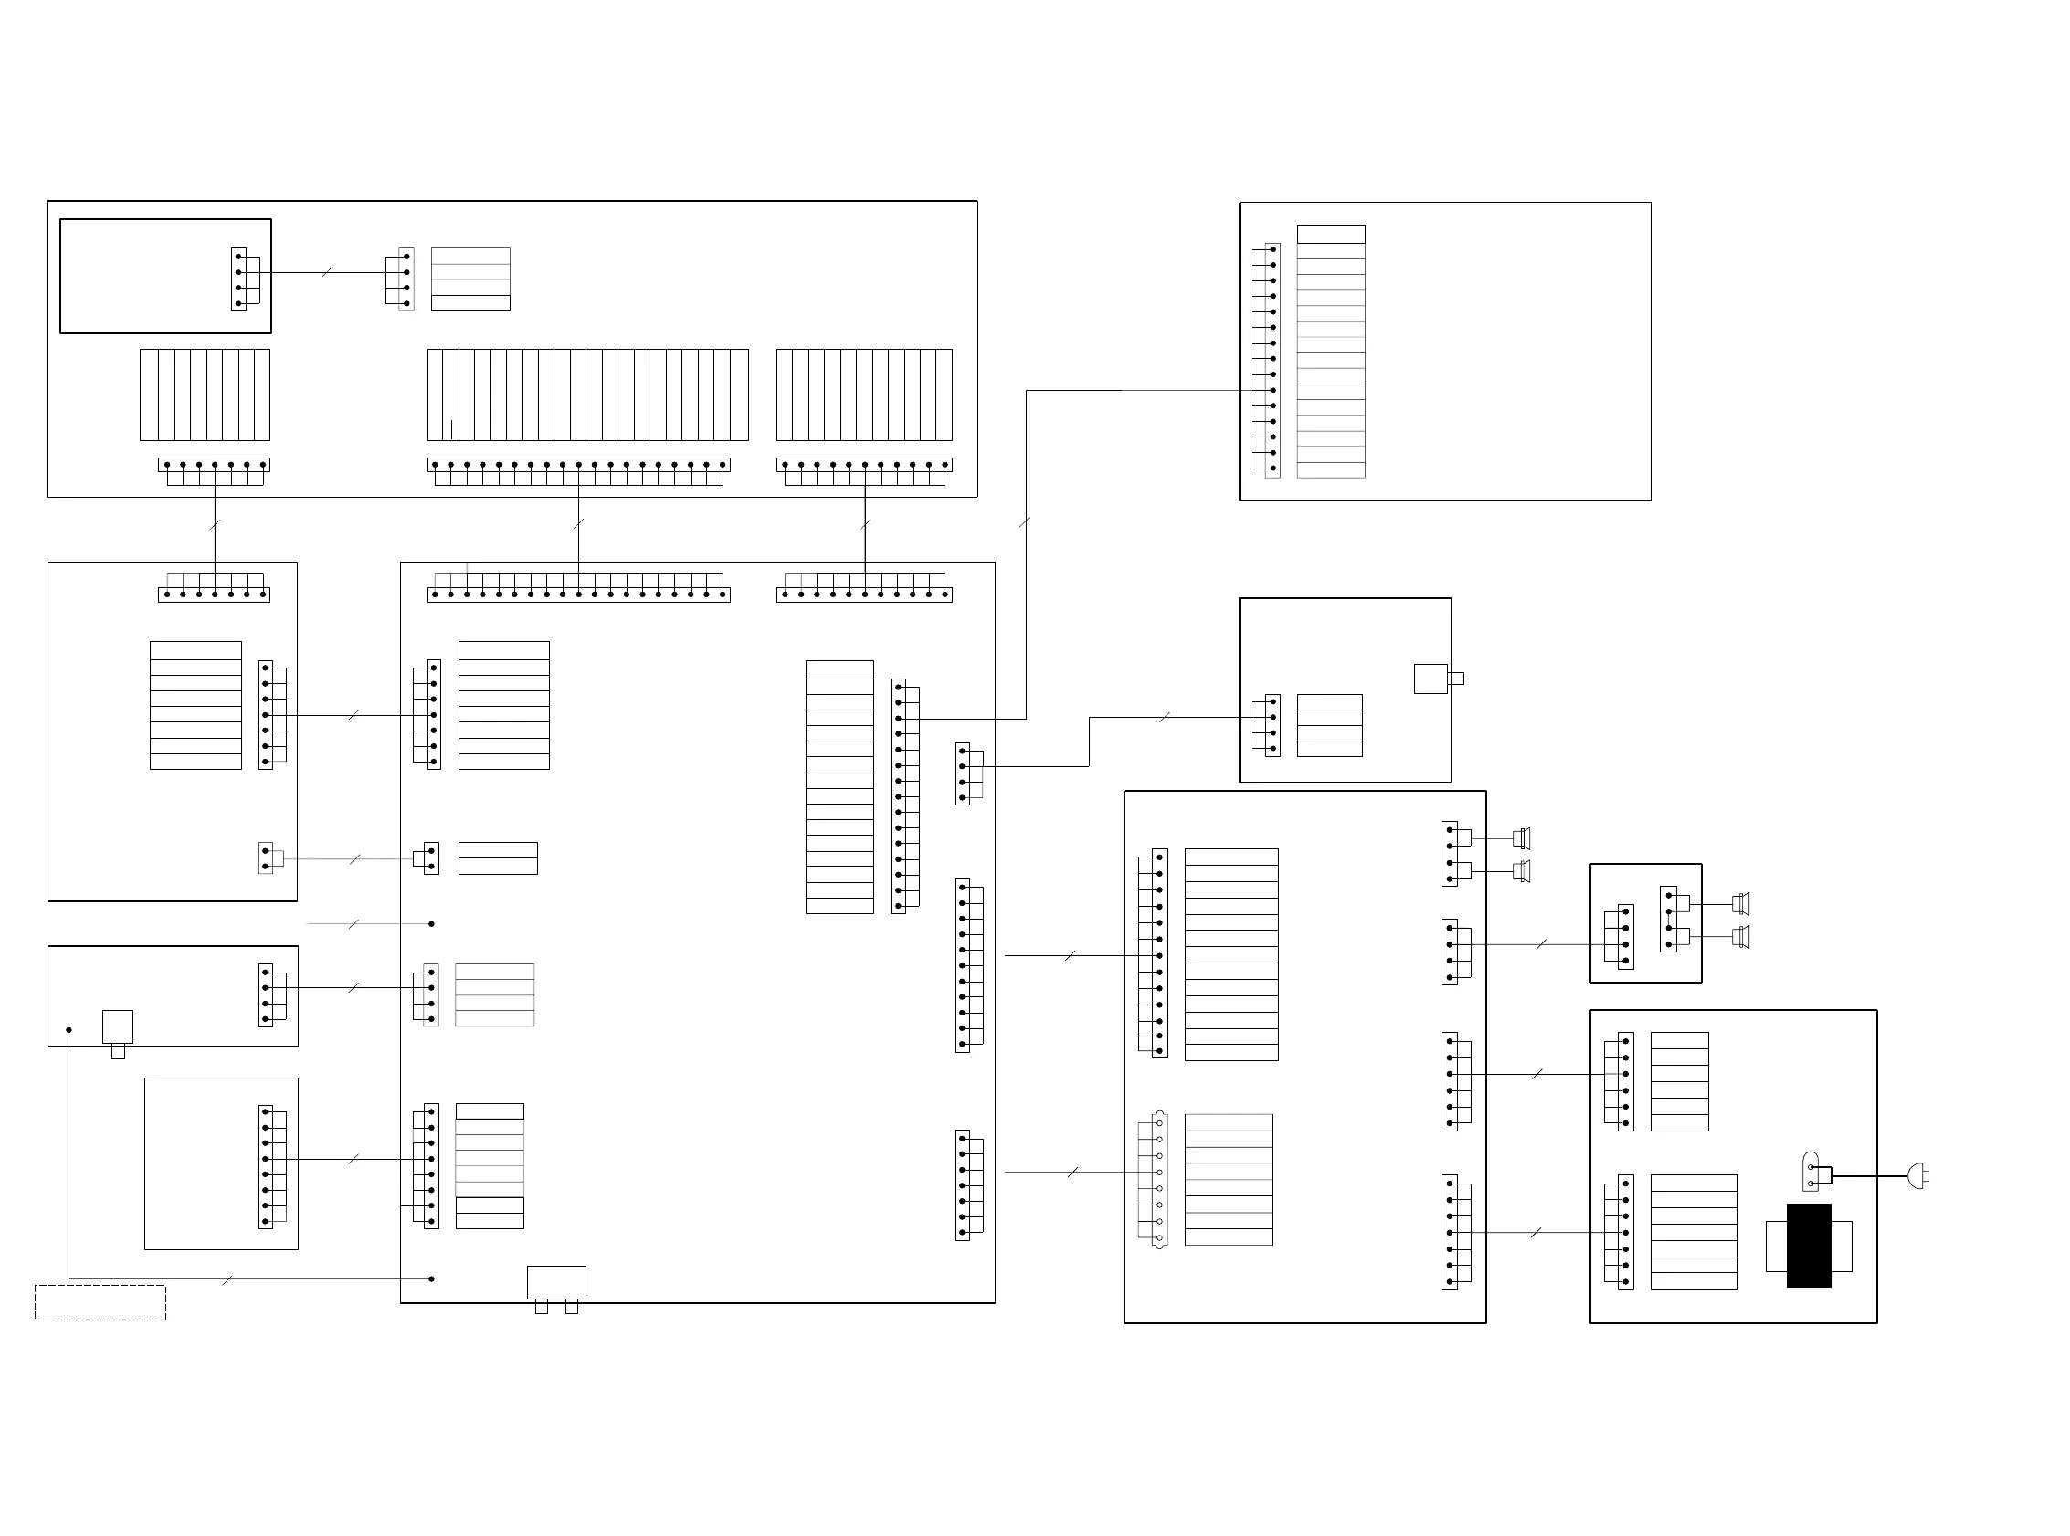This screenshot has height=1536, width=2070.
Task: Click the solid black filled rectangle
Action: tap(1808, 1245)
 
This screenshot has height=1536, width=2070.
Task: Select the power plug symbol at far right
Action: tap(1917, 1176)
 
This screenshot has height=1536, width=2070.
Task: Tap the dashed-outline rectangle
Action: tap(100, 1301)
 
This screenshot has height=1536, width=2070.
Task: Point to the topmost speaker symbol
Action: tap(1521, 838)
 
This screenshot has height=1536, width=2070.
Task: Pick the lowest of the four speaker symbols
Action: tap(1741, 936)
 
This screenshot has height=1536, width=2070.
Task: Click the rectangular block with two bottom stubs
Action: tap(556, 1283)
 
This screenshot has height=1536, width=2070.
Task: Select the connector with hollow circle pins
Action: tap(1158, 1179)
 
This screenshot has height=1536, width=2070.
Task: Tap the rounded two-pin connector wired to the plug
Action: tap(1811, 1172)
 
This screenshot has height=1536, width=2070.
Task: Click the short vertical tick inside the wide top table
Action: tap(452, 428)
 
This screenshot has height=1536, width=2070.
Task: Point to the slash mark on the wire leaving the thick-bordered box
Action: tap(326, 272)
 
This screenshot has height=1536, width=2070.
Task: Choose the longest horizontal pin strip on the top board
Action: tap(578, 465)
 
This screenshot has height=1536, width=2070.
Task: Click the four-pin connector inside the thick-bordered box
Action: tap(239, 279)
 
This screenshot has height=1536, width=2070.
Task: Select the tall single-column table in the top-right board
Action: tap(1331, 352)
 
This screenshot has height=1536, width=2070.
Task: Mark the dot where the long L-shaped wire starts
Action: tap(69, 1029)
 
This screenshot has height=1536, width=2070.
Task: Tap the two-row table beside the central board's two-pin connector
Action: tap(498, 858)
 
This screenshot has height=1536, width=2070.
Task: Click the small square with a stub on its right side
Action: tap(1431, 679)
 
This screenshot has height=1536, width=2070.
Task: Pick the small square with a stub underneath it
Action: tap(117, 1027)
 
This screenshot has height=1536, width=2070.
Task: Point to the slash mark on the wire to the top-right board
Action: tap(1025, 522)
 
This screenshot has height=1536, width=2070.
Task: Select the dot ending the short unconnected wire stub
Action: tap(431, 923)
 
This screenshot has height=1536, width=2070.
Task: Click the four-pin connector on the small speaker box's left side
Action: tap(1625, 936)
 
